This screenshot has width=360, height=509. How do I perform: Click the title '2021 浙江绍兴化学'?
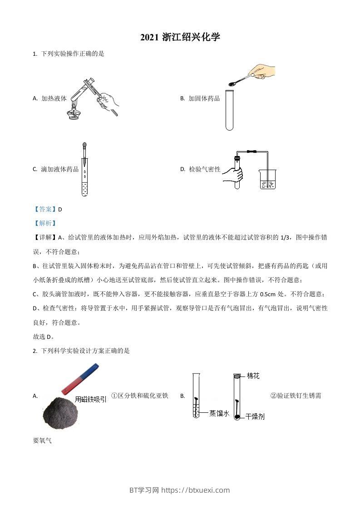[x=180, y=38]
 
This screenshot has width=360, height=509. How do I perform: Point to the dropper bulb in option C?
[x=84, y=146]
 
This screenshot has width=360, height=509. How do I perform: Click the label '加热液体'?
[x=54, y=98]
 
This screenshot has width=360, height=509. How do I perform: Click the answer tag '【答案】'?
[x=45, y=209]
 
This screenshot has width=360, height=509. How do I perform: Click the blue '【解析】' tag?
[x=45, y=223]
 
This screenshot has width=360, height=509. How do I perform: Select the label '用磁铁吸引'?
[x=91, y=399]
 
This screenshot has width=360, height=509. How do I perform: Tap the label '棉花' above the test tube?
[x=253, y=376]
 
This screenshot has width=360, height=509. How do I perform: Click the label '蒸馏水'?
[x=219, y=413]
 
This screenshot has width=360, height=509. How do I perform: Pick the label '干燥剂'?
[x=255, y=416]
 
